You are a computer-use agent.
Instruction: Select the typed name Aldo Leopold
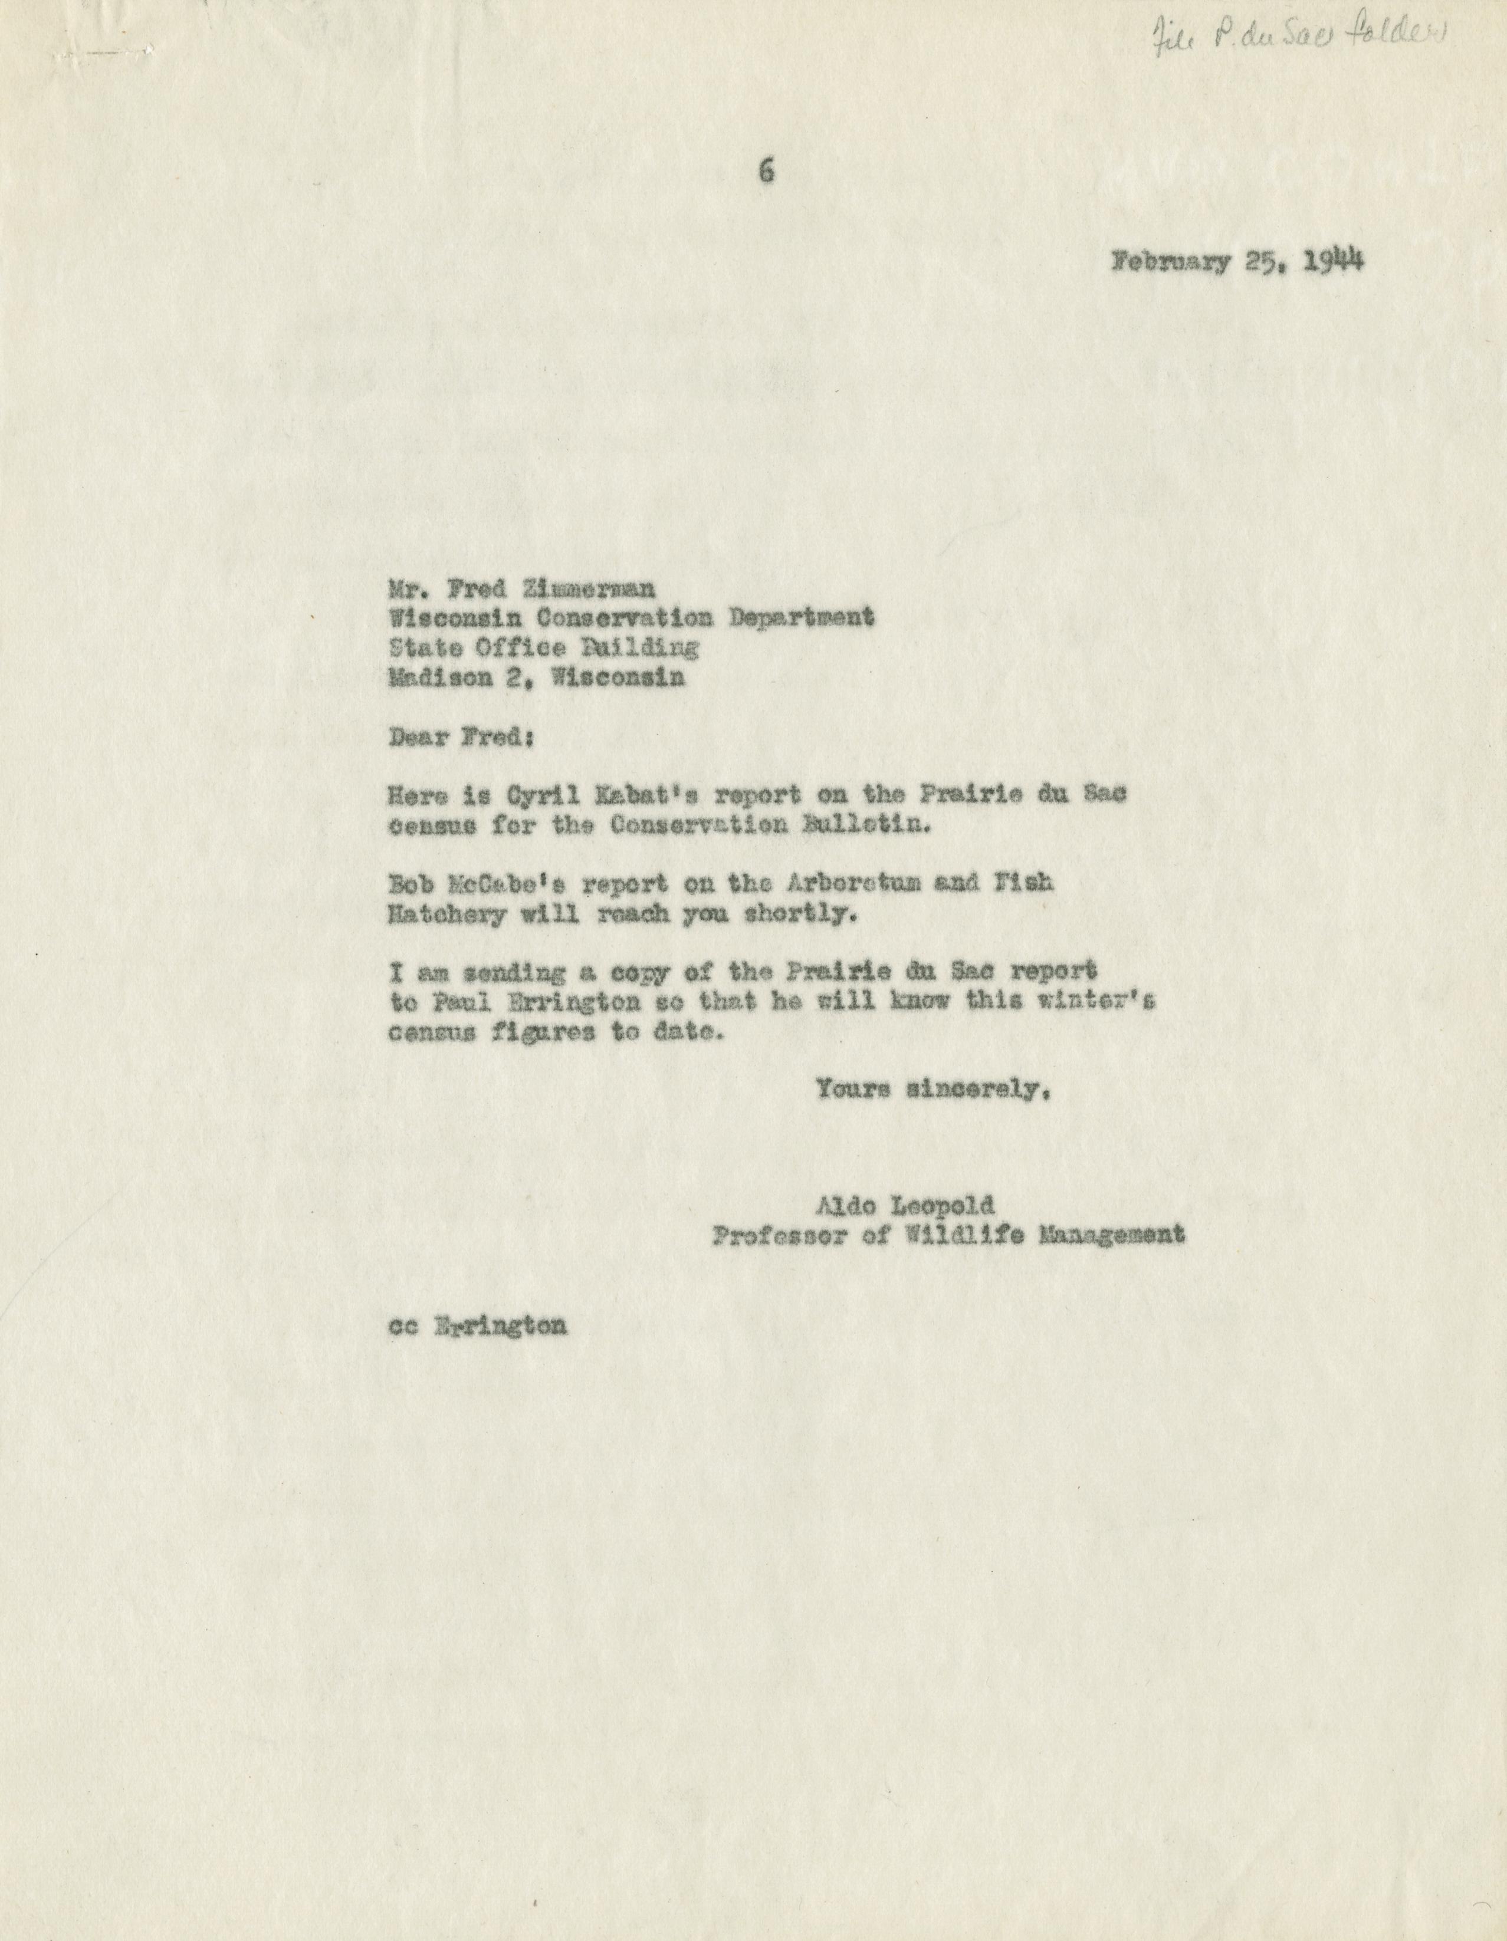tap(904, 1206)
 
